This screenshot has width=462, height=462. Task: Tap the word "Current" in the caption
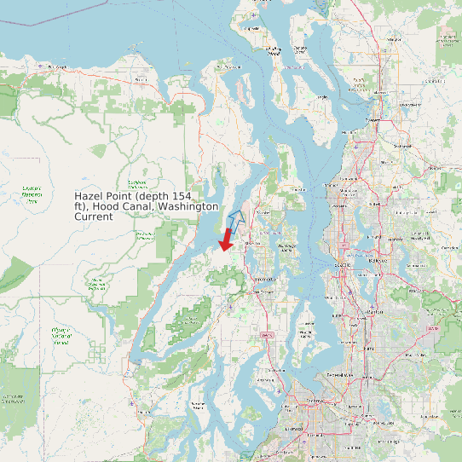point(94,217)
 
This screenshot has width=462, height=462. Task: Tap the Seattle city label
point(343,265)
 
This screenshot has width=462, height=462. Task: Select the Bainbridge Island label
point(287,248)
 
